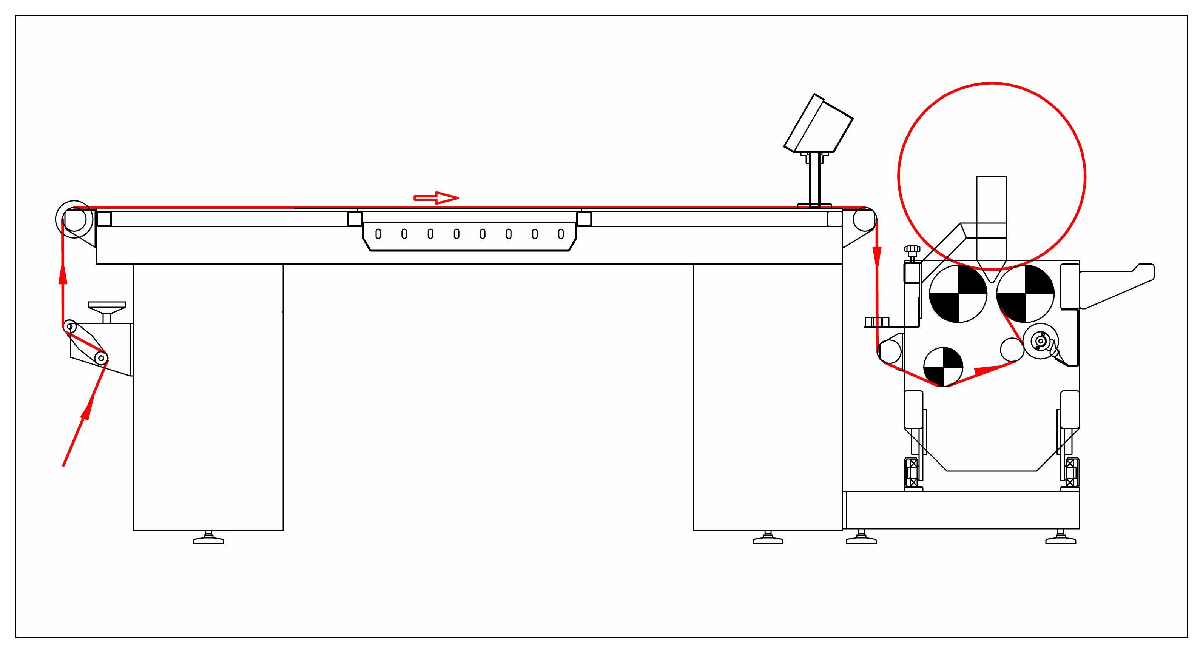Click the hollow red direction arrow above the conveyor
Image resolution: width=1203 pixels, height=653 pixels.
pyautogui.click(x=436, y=198)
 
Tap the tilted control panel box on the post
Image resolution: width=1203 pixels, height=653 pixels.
pyautogui.click(x=818, y=124)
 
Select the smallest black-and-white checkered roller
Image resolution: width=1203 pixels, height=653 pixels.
pyautogui.click(x=943, y=367)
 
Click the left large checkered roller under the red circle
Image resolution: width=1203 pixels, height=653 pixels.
pyautogui.click(x=958, y=294)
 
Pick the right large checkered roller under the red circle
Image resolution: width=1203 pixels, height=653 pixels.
pyautogui.click(x=1025, y=294)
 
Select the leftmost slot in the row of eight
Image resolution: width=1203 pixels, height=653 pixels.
pyautogui.click(x=378, y=234)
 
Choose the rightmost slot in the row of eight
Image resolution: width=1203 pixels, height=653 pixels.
pyautogui.click(x=561, y=234)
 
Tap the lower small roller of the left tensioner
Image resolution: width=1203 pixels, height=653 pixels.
pyautogui.click(x=101, y=358)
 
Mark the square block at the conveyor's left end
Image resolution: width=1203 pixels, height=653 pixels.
pyautogui.click(x=104, y=219)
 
